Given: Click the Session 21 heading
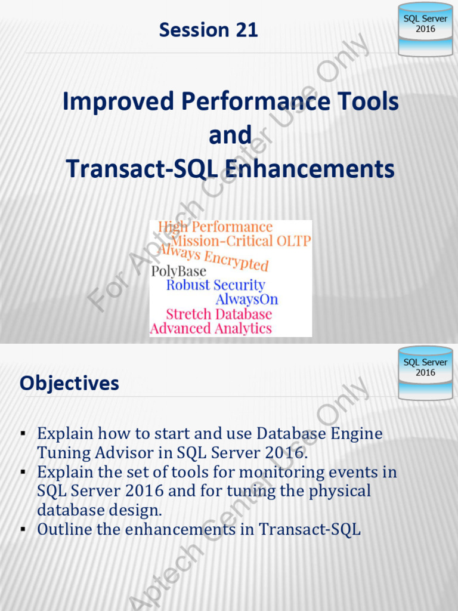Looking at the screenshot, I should pos(208,30).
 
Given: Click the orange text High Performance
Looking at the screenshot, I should pos(215,227).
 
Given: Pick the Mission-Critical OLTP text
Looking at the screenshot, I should pos(241,240).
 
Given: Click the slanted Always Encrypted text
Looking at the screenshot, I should pos(213,257).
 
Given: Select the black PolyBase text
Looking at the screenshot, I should pos(178,271).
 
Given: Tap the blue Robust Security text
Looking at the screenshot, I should pos(215,285).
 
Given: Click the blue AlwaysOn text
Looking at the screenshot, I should pos(246,299).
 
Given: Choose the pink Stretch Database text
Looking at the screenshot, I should pos(219,314).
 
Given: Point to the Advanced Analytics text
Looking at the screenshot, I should pos(211,328).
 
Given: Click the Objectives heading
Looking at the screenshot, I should pos(69,384).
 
